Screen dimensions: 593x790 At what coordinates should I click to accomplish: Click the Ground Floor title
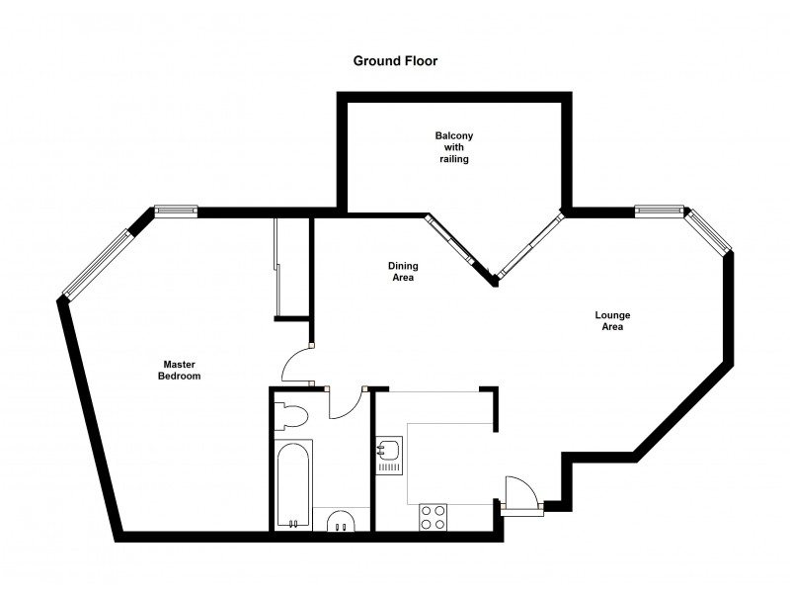pos(395,60)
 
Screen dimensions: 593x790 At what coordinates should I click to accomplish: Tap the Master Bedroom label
pos(182,371)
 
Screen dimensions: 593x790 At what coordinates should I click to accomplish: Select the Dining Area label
pos(401,272)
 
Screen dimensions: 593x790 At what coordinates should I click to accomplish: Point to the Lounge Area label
pos(612,321)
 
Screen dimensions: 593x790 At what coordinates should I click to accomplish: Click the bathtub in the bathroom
pos(293,485)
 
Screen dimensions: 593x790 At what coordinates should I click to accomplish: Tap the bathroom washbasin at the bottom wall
pos(341,521)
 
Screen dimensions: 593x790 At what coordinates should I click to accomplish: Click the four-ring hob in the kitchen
pos(433,516)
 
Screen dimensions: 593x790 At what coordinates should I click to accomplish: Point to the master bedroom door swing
pos(295,366)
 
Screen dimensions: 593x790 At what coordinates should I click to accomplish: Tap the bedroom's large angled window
pos(97,263)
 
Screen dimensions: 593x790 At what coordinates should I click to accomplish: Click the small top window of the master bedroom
pos(176,210)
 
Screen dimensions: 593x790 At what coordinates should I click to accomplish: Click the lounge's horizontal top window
pos(660,210)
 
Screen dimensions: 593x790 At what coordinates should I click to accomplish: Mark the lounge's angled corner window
pos(711,232)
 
